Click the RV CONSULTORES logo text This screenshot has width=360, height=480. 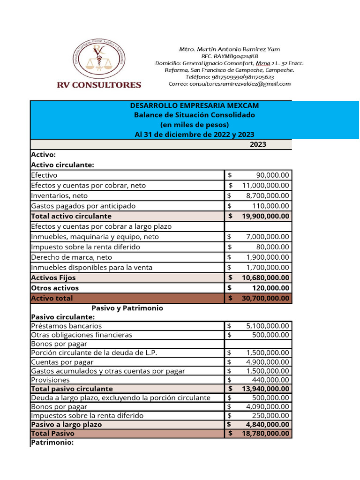pyautogui.click(x=99, y=85)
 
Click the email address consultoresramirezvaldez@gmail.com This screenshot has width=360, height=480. pyautogui.click(x=230, y=84)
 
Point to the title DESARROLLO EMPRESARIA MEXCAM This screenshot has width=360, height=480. pyautogui.click(x=194, y=106)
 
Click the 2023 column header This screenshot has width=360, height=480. pyautogui.click(x=258, y=144)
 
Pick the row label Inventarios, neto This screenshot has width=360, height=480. pyautogui.click(x=59, y=196)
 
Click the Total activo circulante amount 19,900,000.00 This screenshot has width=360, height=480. pyautogui.click(x=265, y=217)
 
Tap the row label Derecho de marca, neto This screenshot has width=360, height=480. pyautogui.click(x=71, y=257)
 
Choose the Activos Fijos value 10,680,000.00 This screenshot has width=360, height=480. pyautogui.click(x=265, y=278)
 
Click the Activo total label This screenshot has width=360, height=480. pyautogui.click(x=52, y=298)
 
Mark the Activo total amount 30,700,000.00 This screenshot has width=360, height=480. pyautogui.click(x=265, y=298)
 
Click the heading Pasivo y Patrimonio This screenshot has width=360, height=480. pyautogui.click(x=127, y=308)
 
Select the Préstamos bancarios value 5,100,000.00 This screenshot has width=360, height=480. pyautogui.click(x=268, y=326)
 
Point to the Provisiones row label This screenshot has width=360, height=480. pyautogui.click(x=50, y=380)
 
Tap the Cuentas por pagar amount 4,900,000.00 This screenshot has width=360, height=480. pyautogui.click(x=268, y=362)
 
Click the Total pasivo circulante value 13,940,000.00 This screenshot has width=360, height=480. pyautogui.click(x=265, y=389)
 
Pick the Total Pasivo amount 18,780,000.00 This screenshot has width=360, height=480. pyautogui.click(x=265, y=434)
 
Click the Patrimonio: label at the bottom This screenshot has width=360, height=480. pyautogui.click(x=52, y=442)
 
